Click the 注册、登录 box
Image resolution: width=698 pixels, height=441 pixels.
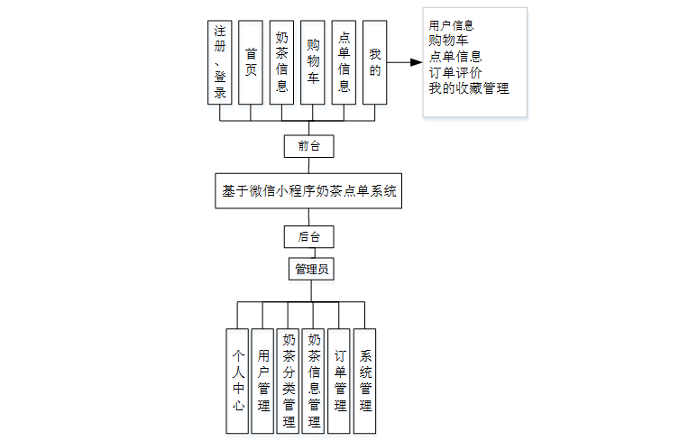(x=220, y=62)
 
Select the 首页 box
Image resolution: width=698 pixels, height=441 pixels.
(x=251, y=62)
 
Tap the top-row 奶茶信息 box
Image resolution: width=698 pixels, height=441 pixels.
(x=281, y=62)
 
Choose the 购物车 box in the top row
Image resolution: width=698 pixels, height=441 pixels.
(x=312, y=62)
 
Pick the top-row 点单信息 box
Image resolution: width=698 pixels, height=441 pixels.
(x=344, y=62)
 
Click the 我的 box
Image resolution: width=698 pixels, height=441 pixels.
(x=374, y=62)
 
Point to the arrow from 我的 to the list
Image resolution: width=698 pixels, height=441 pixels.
(x=405, y=62)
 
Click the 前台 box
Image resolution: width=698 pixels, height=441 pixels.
(x=308, y=145)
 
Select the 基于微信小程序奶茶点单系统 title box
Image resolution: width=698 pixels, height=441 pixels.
(x=309, y=191)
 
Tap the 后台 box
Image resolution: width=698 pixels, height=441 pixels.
(x=308, y=236)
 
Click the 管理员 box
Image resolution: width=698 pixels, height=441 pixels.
(x=308, y=269)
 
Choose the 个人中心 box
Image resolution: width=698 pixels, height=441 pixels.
(x=237, y=381)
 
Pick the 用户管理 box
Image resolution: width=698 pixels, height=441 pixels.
(x=263, y=381)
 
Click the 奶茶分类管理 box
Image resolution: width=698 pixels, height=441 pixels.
(x=289, y=381)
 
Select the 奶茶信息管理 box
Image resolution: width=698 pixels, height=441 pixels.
(x=314, y=381)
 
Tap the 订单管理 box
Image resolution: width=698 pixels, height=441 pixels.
(x=339, y=381)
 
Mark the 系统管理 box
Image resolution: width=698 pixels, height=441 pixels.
(x=365, y=381)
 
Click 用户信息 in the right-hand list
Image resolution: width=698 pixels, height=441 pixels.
(x=452, y=25)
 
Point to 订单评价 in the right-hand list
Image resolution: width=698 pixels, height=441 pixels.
(x=455, y=73)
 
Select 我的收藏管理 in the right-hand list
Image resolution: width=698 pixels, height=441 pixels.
(x=469, y=88)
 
